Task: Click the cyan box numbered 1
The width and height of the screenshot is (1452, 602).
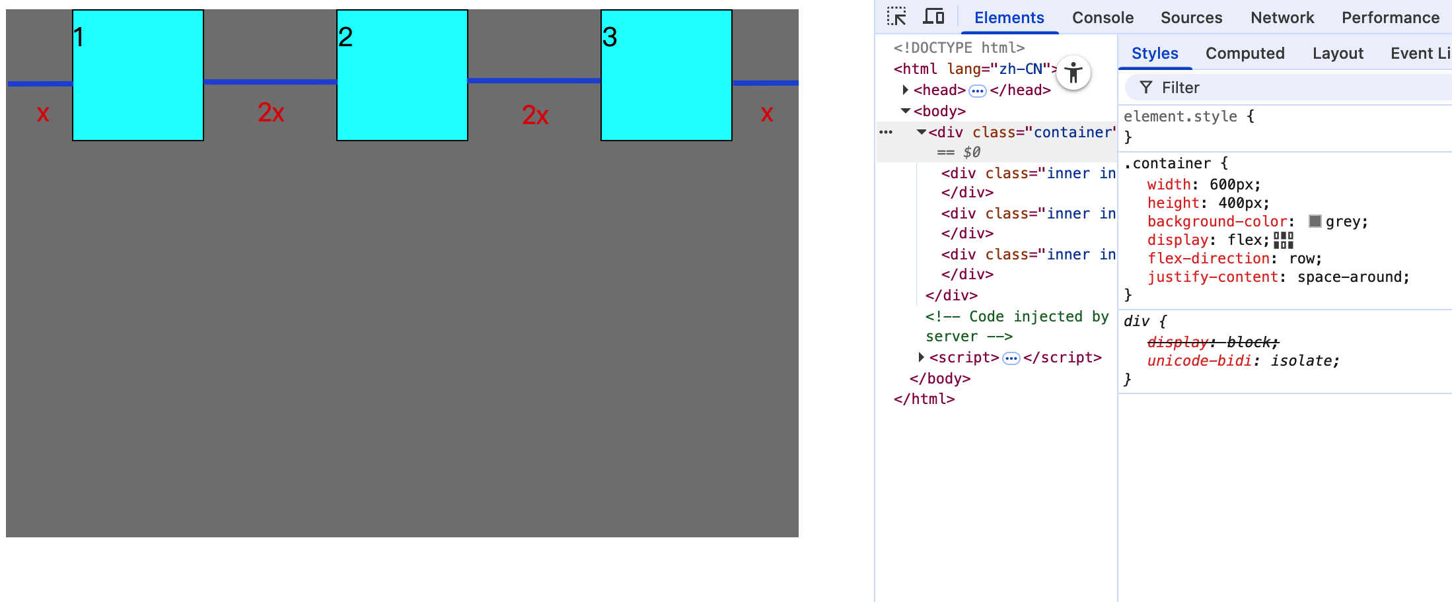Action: (137, 75)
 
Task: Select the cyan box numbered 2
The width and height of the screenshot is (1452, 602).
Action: (402, 75)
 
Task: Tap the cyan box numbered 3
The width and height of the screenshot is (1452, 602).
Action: (666, 75)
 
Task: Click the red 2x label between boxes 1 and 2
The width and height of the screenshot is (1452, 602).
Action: (271, 113)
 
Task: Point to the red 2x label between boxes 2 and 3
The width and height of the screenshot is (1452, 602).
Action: (535, 116)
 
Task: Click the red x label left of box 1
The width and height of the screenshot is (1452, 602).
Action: (43, 114)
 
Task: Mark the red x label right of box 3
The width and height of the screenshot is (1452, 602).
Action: (766, 115)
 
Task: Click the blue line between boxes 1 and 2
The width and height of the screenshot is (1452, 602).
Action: (270, 82)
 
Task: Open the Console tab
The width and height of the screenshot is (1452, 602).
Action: (1103, 18)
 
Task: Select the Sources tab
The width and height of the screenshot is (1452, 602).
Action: (1191, 18)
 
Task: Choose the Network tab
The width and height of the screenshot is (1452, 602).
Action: (1282, 18)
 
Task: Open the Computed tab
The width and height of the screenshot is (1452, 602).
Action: (1245, 53)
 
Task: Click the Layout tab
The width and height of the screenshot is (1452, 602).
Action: (1338, 53)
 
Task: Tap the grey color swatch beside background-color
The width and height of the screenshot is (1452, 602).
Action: (1315, 221)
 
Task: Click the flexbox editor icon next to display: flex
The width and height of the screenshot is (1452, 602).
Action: (1283, 240)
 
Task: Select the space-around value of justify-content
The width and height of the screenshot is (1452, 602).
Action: (1352, 277)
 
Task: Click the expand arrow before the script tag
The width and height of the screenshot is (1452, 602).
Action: (921, 357)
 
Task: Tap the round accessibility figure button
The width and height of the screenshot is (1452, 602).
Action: (1073, 73)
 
